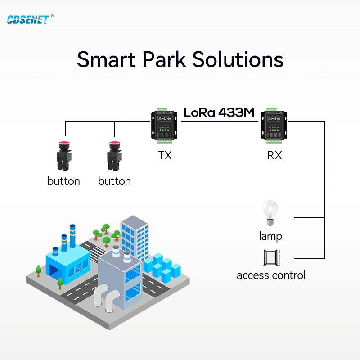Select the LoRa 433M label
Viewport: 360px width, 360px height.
(x=219, y=112)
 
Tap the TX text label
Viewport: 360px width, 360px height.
(x=165, y=156)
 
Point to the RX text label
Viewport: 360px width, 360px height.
(x=274, y=156)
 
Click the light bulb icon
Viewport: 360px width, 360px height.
(x=270, y=213)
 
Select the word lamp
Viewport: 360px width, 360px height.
(x=270, y=236)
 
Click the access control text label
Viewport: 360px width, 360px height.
(x=271, y=275)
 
